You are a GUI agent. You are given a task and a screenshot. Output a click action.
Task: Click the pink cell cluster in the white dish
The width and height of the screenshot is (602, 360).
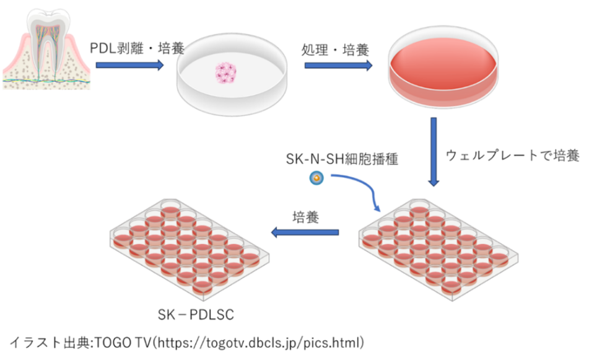point(226,72)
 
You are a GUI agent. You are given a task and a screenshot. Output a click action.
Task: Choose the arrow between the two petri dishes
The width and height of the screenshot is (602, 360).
point(338,65)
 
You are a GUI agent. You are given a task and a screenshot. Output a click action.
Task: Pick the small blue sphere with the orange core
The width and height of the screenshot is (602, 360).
point(316,178)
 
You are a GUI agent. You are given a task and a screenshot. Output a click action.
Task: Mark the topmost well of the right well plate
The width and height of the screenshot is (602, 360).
point(419,207)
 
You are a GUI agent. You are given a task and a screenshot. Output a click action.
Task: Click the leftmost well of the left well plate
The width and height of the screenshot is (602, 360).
point(122,237)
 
